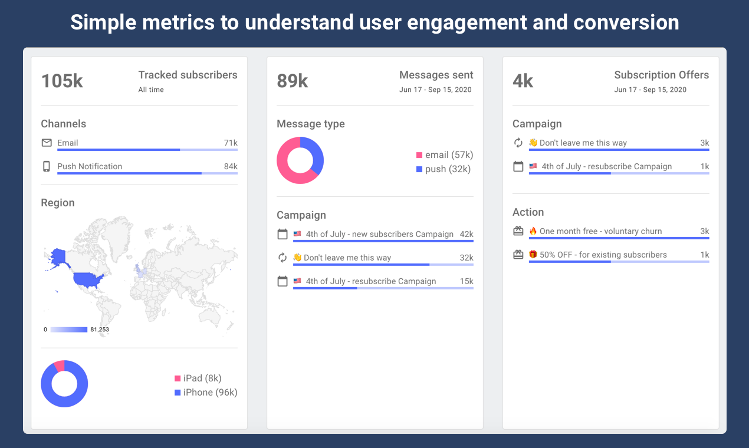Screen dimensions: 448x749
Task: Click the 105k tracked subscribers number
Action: pos(62,81)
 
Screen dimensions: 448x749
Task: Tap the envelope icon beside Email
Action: pos(47,143)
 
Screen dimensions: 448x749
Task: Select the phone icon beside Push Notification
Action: pos(47,166)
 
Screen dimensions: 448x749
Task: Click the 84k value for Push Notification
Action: pos(231,166)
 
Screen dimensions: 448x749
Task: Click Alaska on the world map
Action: pos(58,257)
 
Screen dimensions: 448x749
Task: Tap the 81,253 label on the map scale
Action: pos(100,330)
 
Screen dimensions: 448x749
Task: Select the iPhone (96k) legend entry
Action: pos(206,392)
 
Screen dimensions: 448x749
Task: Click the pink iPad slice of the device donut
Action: pos(59,365)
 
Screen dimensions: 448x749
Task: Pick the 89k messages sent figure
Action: pos(293,81)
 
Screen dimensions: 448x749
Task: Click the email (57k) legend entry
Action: pos(444,155)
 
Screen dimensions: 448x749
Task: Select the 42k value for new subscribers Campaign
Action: pos(467,234)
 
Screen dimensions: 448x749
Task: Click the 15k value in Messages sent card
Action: pos(467,281)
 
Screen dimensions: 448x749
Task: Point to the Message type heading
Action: pos(311,124)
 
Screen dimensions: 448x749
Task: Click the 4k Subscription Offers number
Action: pos(523,81)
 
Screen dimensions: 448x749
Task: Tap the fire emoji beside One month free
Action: pos(533,231)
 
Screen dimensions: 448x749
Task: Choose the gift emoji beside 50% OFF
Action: pos(533,255)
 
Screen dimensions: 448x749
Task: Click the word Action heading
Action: pos(528,212)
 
